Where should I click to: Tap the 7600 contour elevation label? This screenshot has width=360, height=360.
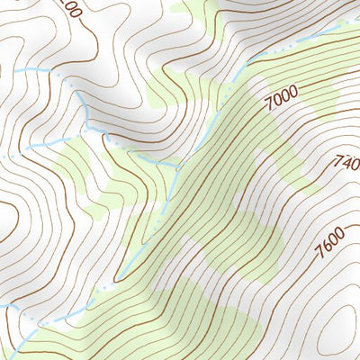pos(330,240)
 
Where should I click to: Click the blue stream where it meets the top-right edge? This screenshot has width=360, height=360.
pos(346,22)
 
